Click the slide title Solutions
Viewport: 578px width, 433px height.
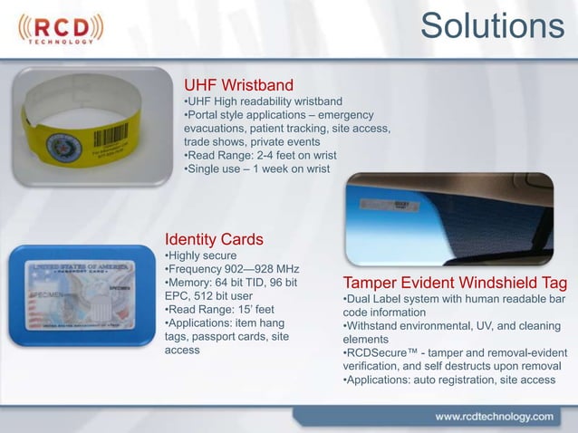[x=493, y=26]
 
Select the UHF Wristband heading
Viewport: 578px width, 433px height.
[x=238, y=85]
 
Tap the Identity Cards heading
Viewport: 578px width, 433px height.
[x=214, y=239]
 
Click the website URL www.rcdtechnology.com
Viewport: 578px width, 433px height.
[x=494, y=417]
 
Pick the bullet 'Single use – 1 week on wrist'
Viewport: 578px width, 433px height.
[x=257, y=169]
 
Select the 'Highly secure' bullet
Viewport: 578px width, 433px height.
[x=200, y=256]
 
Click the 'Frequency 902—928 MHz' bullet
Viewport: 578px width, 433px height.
[x=232, y=270]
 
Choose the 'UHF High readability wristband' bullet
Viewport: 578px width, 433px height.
[x=263, y=101]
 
